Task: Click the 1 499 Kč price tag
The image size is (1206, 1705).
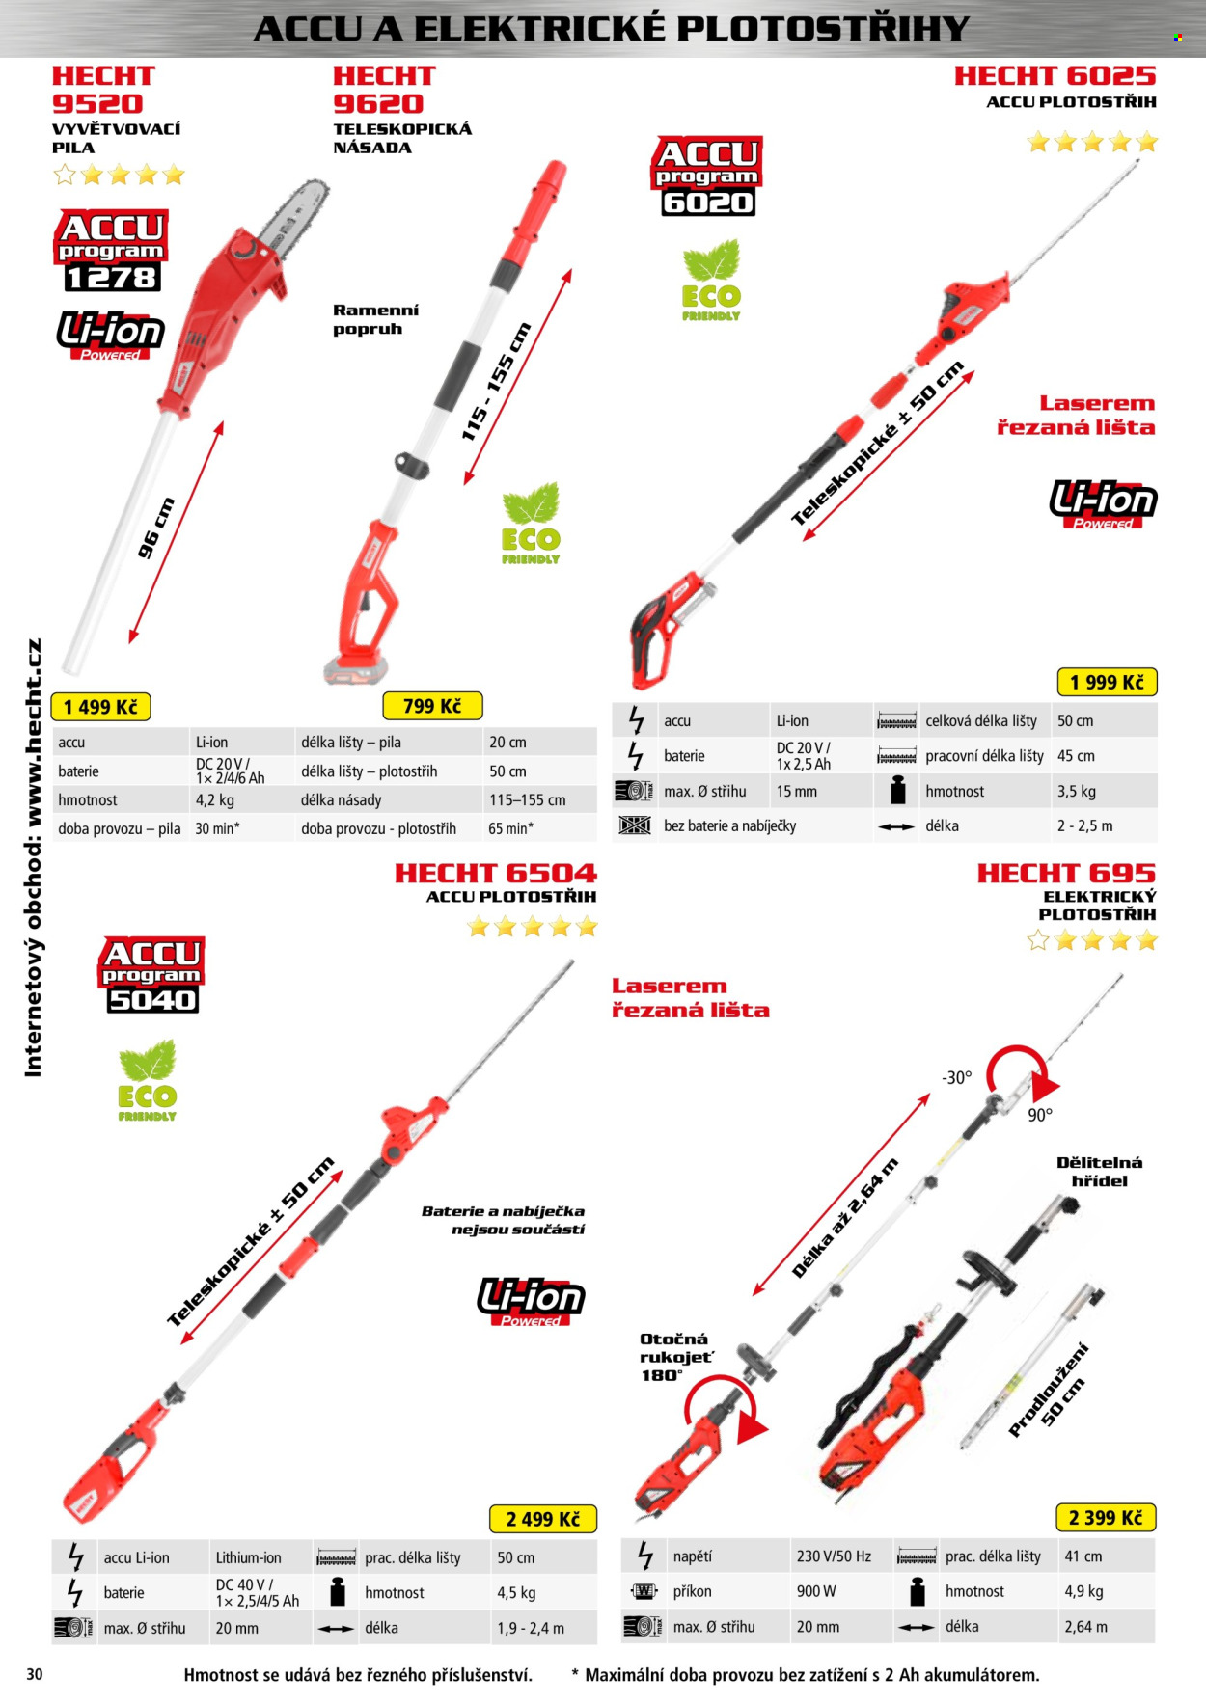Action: tap(100, 707)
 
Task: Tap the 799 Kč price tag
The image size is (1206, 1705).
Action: tap(432, 706)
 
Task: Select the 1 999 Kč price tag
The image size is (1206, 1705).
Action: tap(1107, 682)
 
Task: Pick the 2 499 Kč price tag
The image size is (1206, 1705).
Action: tap(543, 1519)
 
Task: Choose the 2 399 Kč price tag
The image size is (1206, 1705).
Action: tap(1106, 1518)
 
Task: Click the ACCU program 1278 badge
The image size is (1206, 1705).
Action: tap(111, 251)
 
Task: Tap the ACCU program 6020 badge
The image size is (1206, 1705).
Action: tap(707, 176)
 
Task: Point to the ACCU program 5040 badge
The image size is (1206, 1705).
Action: tap(151, 974)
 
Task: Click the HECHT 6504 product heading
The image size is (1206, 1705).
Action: tap(496, 873)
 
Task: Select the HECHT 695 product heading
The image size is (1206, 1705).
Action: tap(1066, 873)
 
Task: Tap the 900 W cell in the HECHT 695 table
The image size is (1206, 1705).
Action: tap(816, 1591)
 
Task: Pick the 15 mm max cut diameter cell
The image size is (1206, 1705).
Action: tap(797, 791)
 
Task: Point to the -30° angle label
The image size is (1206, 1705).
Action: tap(957, 1077)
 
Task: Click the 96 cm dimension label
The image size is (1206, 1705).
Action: tap(155, 528)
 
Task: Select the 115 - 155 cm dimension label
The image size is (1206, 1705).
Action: tap(496, 382)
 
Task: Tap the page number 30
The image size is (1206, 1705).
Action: tap(35, 1674)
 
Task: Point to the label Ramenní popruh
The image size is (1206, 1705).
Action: tap(376, 319)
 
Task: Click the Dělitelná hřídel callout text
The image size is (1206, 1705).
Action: tap(1099, 1172)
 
